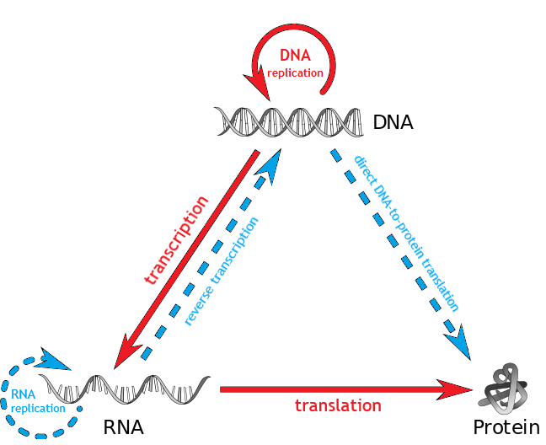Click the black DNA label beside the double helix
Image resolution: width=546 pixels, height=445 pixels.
coord(393,122)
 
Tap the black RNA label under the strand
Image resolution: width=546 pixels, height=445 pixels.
coord(123,426)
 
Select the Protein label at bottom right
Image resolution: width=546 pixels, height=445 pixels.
coord(506,427)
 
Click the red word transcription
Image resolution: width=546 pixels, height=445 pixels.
coord(175,239)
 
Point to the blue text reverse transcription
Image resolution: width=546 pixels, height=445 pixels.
coord(221,271)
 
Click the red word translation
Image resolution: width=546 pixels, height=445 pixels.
coord(338,405)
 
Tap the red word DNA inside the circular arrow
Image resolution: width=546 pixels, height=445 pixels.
coord(295,57)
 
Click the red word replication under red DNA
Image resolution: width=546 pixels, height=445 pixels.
coord(295,72)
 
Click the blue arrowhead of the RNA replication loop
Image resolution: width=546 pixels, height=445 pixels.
coord(56,364)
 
